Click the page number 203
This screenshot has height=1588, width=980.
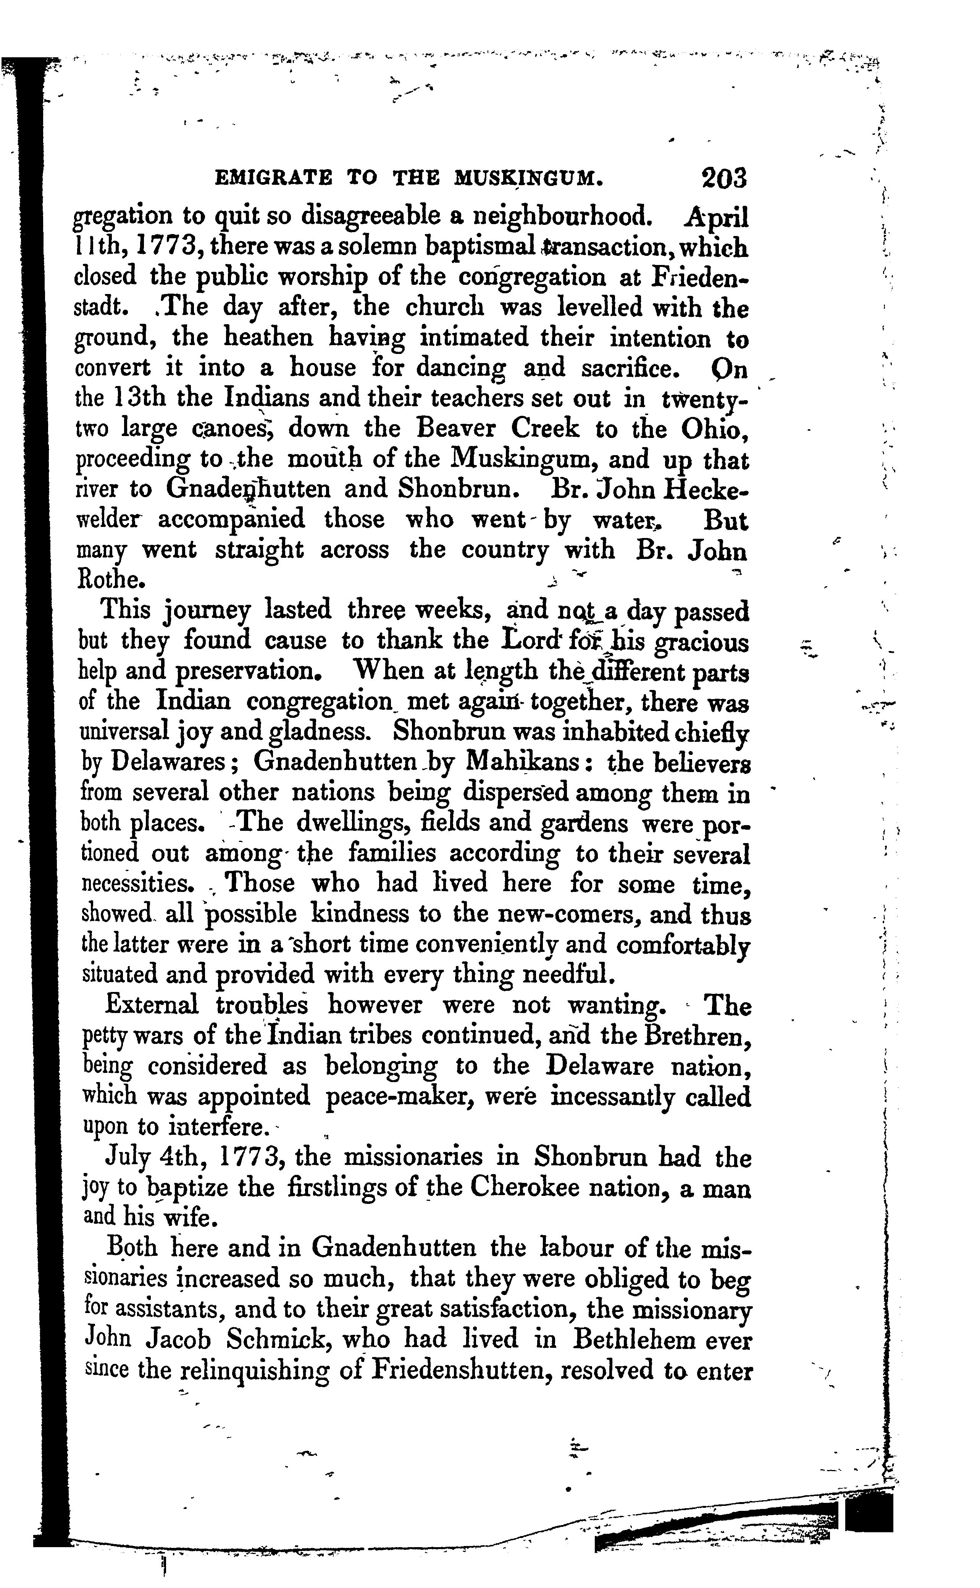(723, 178)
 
